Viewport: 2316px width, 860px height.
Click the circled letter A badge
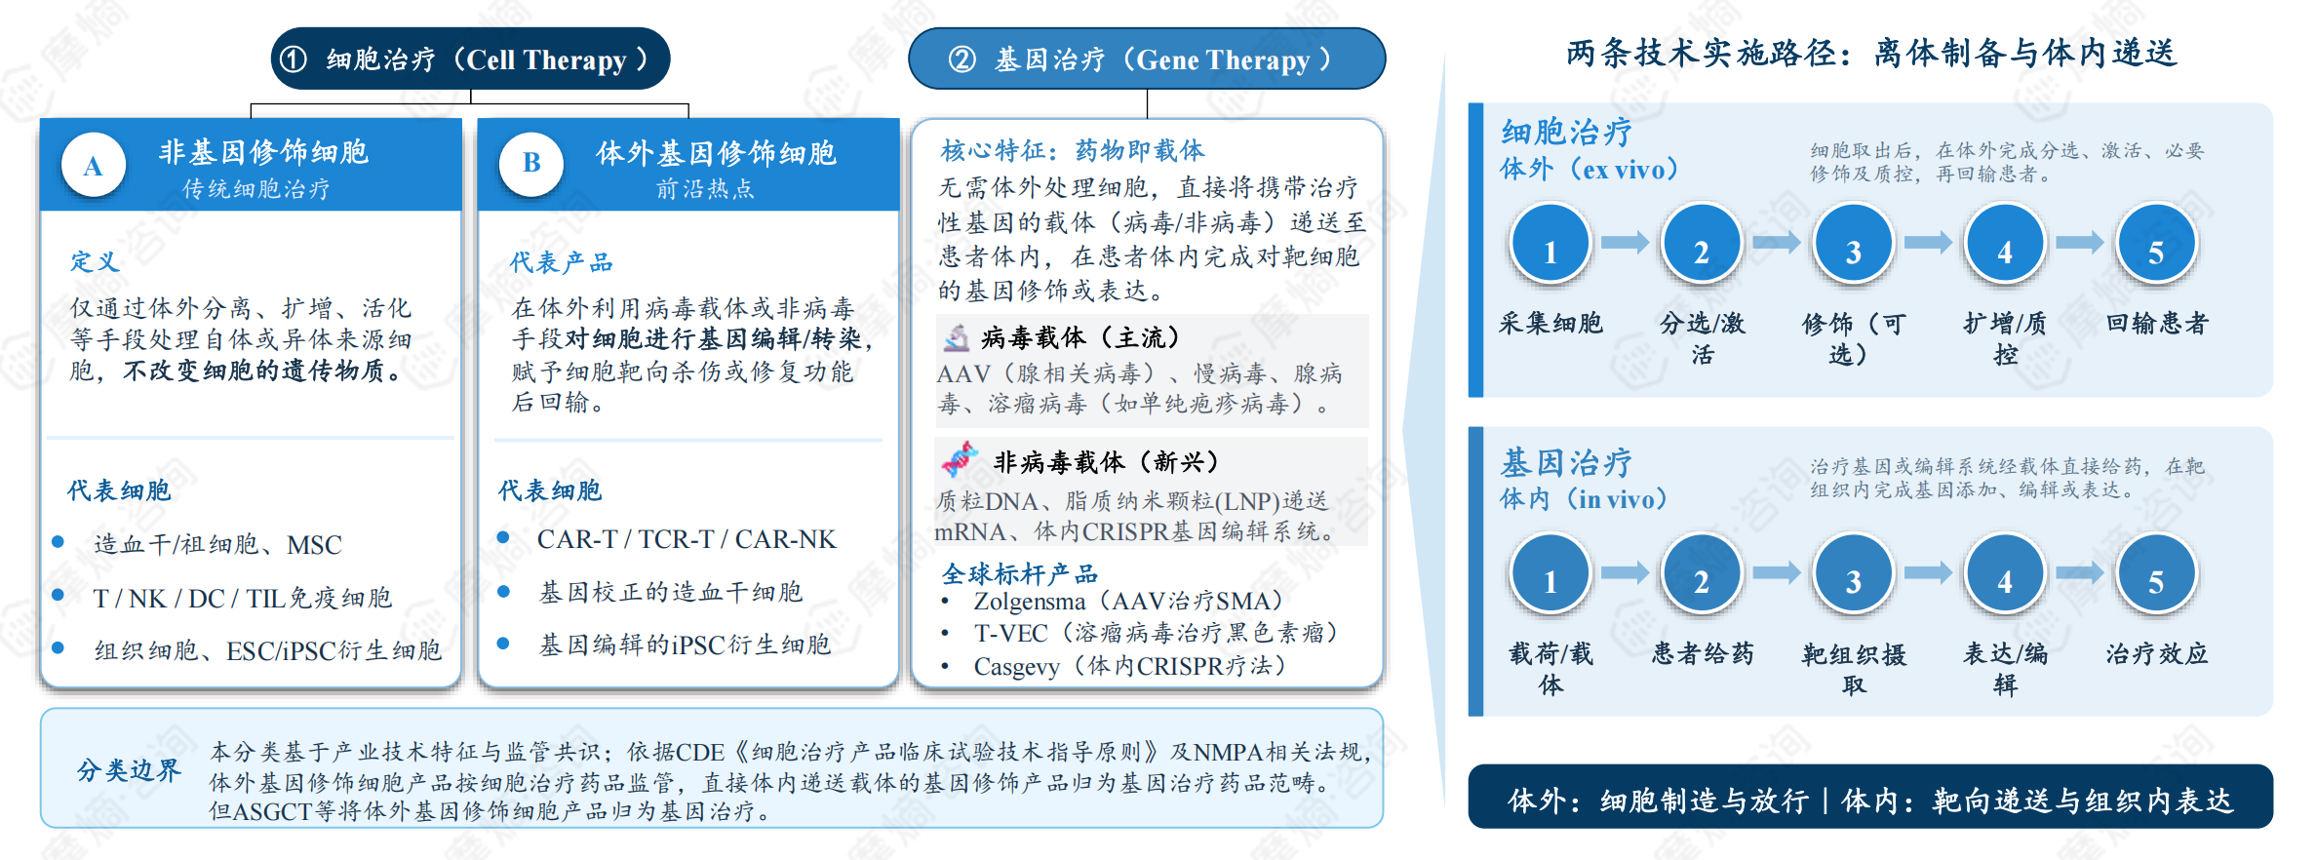pos(94,165)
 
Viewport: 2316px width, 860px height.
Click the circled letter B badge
pos(531,163)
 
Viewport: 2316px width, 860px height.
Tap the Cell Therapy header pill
pos(470,59)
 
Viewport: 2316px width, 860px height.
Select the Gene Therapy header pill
pos(1147,59)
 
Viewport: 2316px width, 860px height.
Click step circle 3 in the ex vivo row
pos(1853,244)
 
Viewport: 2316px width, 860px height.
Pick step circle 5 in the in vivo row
pos(2156,574)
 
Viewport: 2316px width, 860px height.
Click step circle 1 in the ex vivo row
pos(1550,244)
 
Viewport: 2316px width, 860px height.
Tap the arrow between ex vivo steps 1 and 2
pos(1625,242)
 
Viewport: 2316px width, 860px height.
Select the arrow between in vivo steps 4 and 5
pos(2080,572)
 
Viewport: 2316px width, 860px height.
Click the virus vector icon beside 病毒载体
pos(957,337)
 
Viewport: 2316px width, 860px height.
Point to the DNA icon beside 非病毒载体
pos(960,459)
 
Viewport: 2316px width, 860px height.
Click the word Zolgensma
pos(1029,602)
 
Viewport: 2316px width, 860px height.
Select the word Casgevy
pos(1016,667)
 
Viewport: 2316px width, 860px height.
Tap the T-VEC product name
pos(1010,634)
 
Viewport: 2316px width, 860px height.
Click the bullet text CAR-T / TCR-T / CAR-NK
pos(687,539)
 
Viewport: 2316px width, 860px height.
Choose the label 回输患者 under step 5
pos(2156,323)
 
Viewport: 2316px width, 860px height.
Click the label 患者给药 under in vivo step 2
pos(1702,653)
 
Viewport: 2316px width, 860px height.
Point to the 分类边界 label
pos(129,770)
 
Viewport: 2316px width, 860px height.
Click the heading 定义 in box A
pos(95,261)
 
